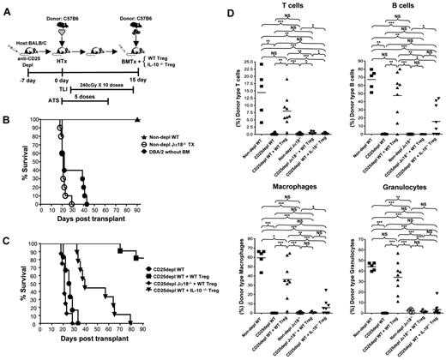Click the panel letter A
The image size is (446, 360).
[6, 7]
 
